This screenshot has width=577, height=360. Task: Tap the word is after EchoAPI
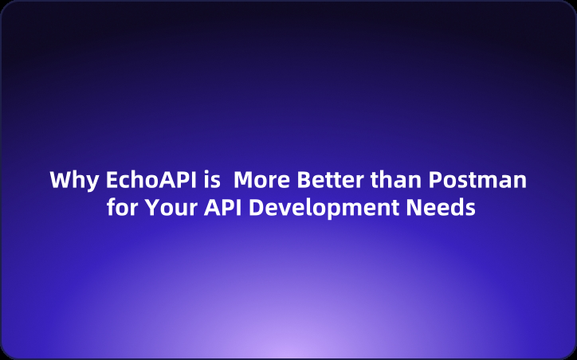[211, 180]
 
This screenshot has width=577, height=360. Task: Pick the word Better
[328, 180]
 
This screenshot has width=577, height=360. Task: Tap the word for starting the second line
[124, 209]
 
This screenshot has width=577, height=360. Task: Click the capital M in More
[243, 180]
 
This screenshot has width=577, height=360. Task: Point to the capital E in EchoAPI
[112, 180]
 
